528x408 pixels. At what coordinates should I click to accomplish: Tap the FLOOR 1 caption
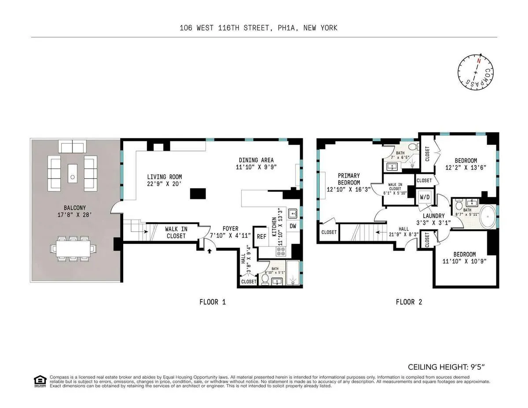213,302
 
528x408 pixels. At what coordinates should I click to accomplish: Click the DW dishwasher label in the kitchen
293,226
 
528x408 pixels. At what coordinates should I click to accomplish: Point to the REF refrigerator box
261,236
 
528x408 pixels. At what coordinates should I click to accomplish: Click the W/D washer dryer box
425,197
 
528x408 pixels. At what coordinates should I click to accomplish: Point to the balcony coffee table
73,172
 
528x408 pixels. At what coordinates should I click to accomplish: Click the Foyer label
230,229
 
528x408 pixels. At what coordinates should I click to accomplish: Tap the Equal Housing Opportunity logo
40,381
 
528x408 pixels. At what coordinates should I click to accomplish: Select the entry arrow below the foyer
209,251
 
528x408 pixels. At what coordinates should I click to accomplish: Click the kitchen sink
293,213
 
